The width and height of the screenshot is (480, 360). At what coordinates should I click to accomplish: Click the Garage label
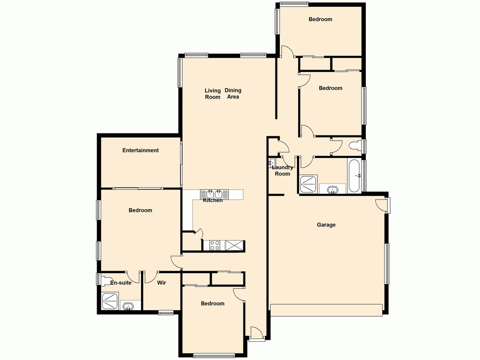pyautogui.click(x=326, y=225)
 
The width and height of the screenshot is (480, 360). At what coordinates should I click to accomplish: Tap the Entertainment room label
pyautogui.click(x=140, y=150)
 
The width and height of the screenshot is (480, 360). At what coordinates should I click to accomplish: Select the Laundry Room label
pyautogui.click(x=282, y=170)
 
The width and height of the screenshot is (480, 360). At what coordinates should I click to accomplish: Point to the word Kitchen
pyautogui.click(x=213, y=200)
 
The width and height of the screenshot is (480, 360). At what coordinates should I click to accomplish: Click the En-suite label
pyautogui.click(x=121, y=283)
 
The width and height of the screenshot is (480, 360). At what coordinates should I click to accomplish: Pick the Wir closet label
pyautogui.click(x=162, y=283)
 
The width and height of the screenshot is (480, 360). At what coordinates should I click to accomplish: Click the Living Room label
pyautogui.click(x=213, y=94)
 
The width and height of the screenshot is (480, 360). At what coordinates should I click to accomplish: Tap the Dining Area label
pyautogui.click(x=233, y=94)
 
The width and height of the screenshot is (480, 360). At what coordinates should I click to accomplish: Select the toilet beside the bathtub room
pyautogui.click(x=356, y=145)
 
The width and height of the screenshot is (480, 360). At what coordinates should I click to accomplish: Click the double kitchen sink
pyautogui.click(x=214, y=194)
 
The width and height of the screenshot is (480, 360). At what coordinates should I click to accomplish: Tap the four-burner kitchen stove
pyautogui.click(x=215, y=245)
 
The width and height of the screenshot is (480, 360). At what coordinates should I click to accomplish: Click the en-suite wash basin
pyautogui.click(x=128, y=306)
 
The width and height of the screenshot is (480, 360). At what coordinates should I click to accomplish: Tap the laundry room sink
pyautogui.click(x=272, y=162)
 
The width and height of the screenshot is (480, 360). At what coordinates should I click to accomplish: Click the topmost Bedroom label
pyautogui.click(x=320, y=19)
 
